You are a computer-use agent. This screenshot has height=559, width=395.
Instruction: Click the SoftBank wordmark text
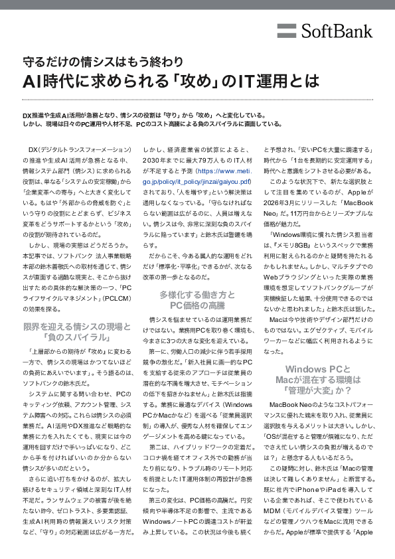pyautogui.click(x=337, y=31)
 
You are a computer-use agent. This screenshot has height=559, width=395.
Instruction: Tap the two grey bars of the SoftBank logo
pyautogui.click(x=287, y=31)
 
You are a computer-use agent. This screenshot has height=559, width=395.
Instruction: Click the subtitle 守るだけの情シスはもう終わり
pyautogui.click(x=103, y=62)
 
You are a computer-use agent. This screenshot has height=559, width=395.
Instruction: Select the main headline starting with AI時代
pyautogui.click(x=171, y=81)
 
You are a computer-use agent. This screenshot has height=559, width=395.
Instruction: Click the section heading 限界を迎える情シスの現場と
pyautogui.click(x=76, y=327)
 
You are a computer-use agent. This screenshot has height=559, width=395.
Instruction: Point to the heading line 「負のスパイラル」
pyautogui.click(x=76, y=337)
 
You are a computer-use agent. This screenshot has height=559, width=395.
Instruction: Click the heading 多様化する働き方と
pyautogui.click(x=197, y=295)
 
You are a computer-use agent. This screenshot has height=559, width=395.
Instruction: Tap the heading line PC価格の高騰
pyautogui.click(x=197, y=305)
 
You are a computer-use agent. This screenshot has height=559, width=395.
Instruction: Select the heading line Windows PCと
pyautogui.click(x=318, y=369)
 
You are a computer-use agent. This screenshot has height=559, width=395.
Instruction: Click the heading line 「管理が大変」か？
pyautogui.click(x=318, y=390)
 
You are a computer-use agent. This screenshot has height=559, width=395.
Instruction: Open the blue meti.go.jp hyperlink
pyautogui.click(x=197, y=176)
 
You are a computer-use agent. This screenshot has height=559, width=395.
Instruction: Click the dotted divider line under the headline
pyautogui.click(x=198, y=100)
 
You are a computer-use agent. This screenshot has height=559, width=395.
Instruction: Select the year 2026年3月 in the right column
pyautogui.click(x=278, y=203)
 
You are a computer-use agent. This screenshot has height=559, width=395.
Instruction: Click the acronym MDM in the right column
pyautogui.click(x=272, y=511)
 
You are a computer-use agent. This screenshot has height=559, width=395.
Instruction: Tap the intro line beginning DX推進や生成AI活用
pyautogui.click(x=144, y=115)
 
